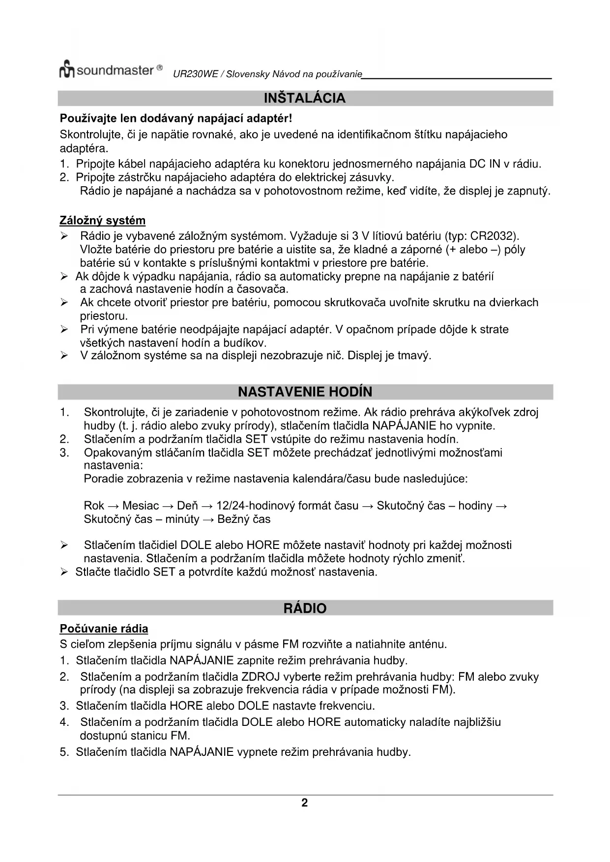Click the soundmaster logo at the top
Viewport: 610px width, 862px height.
pyautogui.click(x=111, y=70)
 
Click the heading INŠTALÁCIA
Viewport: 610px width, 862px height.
pyautogui.click(x=305, y=98)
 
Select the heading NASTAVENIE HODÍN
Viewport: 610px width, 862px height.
pyautogui.click(x=305, y=392)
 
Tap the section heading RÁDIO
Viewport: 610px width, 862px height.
pyautogui.click(x=305, y=608)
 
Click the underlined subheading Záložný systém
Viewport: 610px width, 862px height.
pyautogui.click(x=102, y=220)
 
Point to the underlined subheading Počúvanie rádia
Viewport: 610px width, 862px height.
pyautogui.click(x=104, y=629)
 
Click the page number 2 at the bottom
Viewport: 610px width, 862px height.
pyautogui.click(x=304, y=803)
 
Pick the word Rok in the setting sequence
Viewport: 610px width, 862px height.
pyautogui.click(x=94, y=506)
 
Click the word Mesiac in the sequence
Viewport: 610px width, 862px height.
pyautogui.click(x=141, y=506)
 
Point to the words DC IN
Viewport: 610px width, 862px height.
pyautogui.click(x=485, y=164)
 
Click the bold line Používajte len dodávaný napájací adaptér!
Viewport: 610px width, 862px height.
pyautogui.click(x=176, y=118)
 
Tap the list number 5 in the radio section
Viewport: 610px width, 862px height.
pyautogui.click(x=64, y=752)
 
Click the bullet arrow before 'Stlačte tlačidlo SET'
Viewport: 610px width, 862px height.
pyautogui.click(x=64, y=572)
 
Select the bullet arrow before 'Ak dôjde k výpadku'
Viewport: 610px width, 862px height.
pyautogui.click(x=64, y=277)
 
